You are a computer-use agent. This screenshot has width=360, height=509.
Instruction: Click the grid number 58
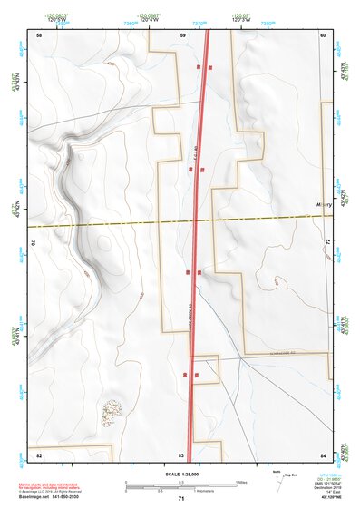coord(39,34)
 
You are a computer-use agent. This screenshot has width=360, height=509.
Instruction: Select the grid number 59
coord(182,34)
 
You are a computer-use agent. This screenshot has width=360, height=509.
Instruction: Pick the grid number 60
coord(324,34)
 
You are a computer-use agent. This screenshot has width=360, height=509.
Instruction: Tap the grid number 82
coord(39,454)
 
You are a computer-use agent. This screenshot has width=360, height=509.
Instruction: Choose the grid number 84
coord(324,454)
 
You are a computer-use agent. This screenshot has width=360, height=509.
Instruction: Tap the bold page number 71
coord(181,499)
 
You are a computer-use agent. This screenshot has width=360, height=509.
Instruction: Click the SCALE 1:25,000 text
coord(180,475)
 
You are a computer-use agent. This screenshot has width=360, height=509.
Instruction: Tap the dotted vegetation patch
coord(111,413)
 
